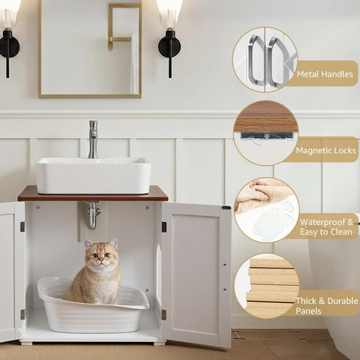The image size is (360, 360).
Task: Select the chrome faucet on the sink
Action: click(93, 139)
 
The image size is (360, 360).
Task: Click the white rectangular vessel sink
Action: click(93, 176)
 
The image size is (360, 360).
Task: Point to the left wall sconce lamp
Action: click(9, 37)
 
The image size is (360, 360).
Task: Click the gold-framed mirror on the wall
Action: click(90, 49)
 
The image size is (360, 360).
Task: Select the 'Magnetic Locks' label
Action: click(325, 150)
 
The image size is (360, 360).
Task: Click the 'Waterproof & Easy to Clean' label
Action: click(327, 226)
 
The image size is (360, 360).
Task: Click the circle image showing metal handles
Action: click(265, 60)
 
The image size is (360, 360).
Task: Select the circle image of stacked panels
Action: click(266, 286)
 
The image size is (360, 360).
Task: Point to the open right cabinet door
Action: click(196, 274)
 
